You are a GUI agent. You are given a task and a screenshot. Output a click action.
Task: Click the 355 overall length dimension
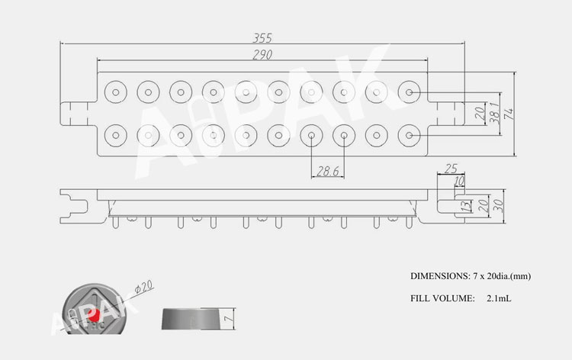pos(262,37)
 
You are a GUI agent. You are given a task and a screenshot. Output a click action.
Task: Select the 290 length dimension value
pos(262,55)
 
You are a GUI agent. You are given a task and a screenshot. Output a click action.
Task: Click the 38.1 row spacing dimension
pos(493,113)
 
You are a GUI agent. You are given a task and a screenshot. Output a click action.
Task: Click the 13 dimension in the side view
pos(465,206)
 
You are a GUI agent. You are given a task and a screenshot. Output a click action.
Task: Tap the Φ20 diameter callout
pos(143,288)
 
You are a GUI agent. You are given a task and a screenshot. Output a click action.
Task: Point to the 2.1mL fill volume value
pos(498,298)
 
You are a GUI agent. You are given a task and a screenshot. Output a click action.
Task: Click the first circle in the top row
pos(115,92)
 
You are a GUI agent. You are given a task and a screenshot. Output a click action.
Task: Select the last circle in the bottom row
pos(410,137)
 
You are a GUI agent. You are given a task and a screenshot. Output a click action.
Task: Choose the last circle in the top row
pos(410,92)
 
